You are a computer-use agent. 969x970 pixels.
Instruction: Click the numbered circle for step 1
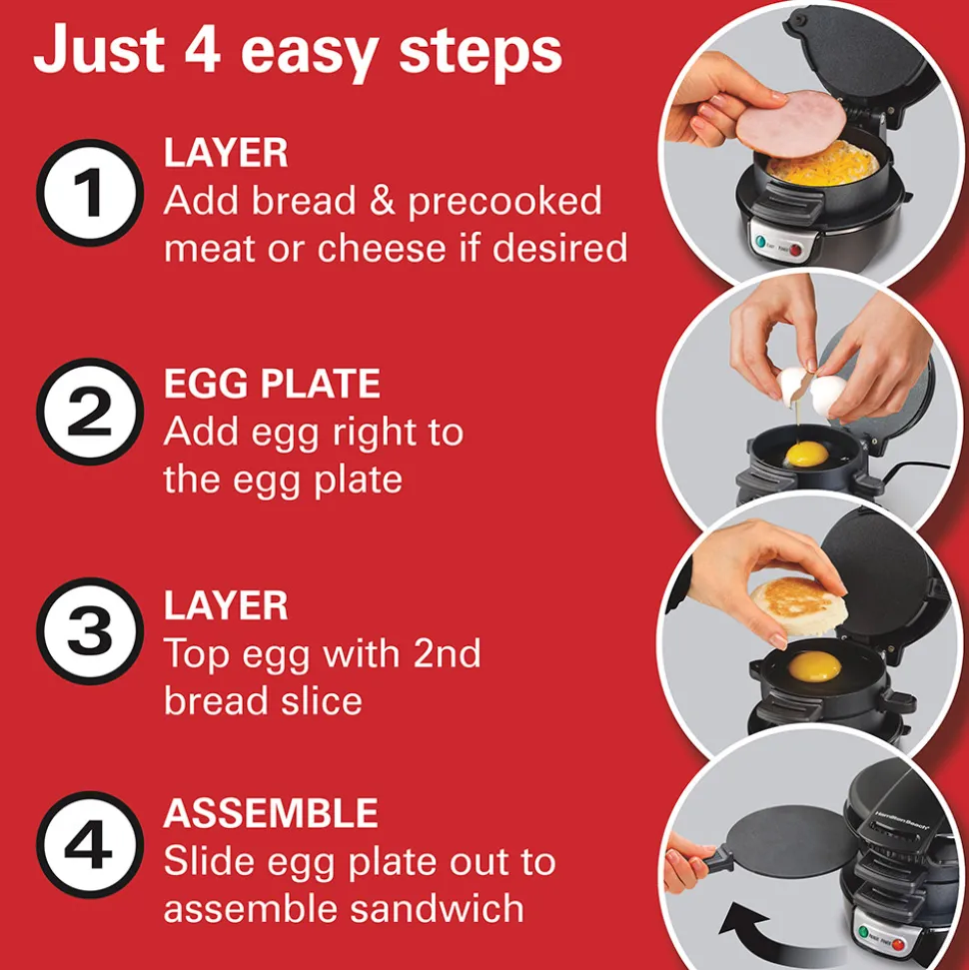(x=90, y=193)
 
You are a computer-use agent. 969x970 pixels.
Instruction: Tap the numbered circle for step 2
(x=90, y=412)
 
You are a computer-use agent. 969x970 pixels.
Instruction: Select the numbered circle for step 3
(x=90, y=631)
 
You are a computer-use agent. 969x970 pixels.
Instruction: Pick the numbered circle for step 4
(x=90, y=845)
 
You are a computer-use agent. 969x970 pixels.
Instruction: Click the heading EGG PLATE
(x=272, y=384)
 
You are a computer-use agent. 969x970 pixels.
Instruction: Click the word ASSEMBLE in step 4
(x=271, y=813)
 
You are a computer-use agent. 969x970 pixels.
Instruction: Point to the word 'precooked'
(x=504, y=203)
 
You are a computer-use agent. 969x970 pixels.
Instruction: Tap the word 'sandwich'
(x=437, y=908)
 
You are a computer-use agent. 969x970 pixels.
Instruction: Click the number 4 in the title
(x=203, y=48)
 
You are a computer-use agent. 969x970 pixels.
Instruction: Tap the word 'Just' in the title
(x=100, y=50)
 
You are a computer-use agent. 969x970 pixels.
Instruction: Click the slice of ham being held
(x=791, y=123)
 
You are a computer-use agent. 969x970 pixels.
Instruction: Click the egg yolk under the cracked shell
(x=806, y=455)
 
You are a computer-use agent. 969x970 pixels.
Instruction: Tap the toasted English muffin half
(x=799, y=606)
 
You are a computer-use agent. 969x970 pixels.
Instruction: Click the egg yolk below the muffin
(x=814, y=667)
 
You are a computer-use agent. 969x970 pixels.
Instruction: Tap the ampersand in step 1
(x=382, y=201)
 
